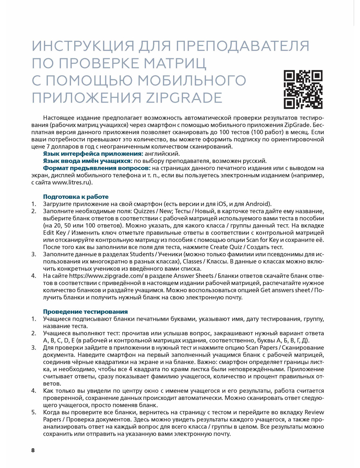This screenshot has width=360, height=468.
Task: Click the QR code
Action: click(303, 90)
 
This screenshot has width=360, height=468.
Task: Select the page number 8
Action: click(33, 450)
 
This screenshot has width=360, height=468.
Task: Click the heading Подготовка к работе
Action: click(76, 197)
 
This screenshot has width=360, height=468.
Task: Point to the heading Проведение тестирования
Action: click(85, 311)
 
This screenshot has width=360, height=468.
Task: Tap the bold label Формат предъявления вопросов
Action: click(96, 168)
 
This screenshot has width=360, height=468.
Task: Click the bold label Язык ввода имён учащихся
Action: click(87, 161)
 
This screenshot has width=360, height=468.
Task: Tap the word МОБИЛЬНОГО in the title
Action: click(192, 81)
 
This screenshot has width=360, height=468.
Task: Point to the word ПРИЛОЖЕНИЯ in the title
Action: click(86, 98)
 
